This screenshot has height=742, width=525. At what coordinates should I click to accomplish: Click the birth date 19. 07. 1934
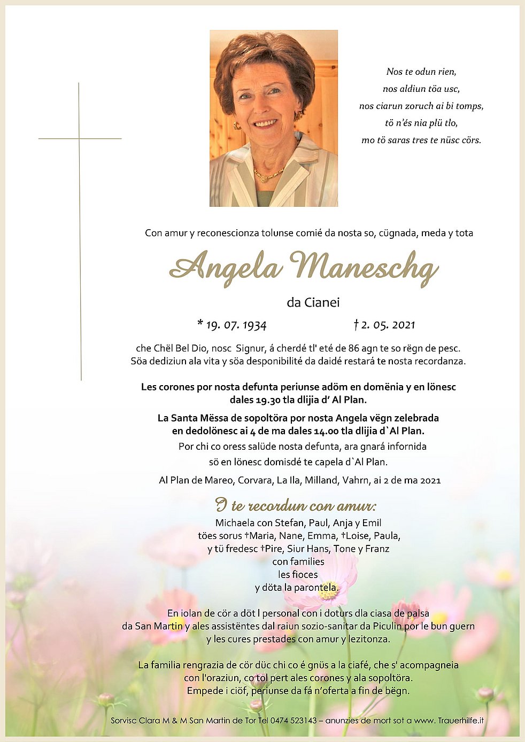pos(236,325)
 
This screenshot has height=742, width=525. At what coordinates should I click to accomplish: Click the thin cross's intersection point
pos(79,139)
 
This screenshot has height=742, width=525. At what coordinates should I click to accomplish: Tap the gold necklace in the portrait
pos(268,174)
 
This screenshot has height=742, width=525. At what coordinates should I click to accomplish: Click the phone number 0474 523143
pos(294,720)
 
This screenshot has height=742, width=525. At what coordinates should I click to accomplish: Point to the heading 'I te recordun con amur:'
pos(296,505)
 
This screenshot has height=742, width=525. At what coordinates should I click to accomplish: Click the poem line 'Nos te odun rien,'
pos(421,72)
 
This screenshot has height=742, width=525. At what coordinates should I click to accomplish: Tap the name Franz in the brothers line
pos(377,549)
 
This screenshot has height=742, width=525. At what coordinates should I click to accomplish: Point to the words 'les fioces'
pos(298,575)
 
